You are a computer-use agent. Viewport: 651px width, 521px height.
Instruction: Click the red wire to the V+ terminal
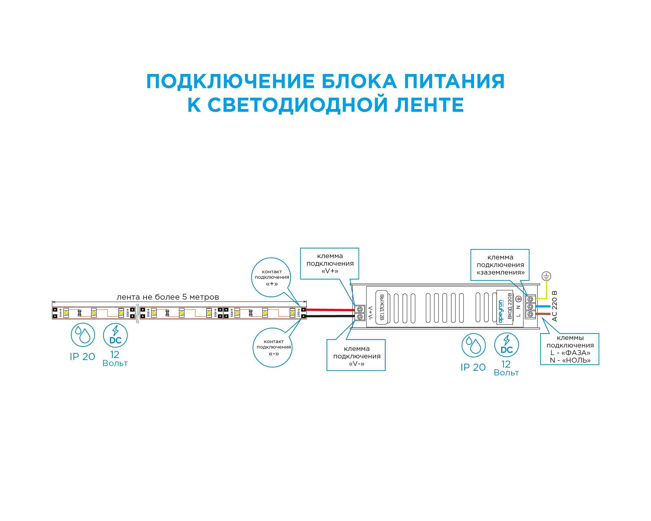(x=331, y=310)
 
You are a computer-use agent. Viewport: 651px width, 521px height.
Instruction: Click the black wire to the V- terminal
(x=331, y=316)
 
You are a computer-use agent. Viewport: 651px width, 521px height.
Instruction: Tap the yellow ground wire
(x=547, y=290)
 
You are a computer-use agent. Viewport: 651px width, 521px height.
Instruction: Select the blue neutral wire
(x=543, y=307)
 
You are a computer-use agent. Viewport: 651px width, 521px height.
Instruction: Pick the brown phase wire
(x=543, y=314)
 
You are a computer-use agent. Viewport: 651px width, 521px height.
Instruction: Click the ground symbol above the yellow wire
(x=546, y=276)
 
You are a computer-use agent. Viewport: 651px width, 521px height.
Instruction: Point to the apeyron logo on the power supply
(x=501, y=311)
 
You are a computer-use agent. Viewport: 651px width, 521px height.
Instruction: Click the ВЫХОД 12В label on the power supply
(x=382, y=307)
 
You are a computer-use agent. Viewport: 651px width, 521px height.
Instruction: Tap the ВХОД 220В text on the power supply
(x=510, y=306)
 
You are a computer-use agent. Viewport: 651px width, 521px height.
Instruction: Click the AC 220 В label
(x=554, y=306)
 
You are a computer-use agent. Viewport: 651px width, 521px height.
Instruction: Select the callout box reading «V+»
(x=329, y=263)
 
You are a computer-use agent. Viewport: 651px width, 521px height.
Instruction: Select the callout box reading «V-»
(x=356, y=356)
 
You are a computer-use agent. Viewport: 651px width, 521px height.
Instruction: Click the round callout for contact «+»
(x=271, y=277)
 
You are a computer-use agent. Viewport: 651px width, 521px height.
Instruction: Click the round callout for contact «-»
(x=273, y=347)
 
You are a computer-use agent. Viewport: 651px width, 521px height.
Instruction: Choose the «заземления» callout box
(x=500, y=265)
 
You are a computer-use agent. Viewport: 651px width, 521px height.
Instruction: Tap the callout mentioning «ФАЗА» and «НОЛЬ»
(x=569, y=349)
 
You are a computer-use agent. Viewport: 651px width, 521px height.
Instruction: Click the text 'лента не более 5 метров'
(x=168, y=297)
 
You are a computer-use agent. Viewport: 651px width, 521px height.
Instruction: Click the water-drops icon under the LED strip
(x=83, y=335)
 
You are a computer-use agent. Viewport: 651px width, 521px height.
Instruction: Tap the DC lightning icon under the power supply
(x=506, y=345)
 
